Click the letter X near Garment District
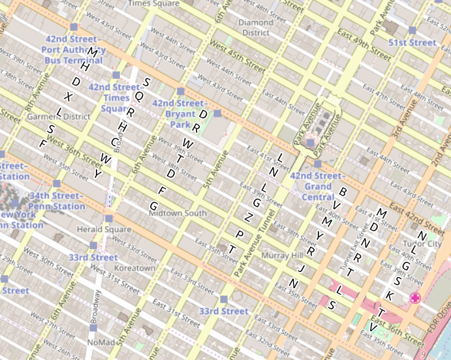(69, 97)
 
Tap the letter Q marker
(138, 95)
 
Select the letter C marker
(115, 142)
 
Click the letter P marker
(240, 234)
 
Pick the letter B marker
(341, 192)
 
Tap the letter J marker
(302, 268)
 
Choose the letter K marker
(390, 295)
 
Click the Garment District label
(59, 117)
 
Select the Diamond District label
(255, 27)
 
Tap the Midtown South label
(178, 213)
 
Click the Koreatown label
(134, 268)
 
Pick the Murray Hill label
(283, 256)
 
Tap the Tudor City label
(422, 243)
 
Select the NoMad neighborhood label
(101, 342)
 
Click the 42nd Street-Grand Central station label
(317, 181)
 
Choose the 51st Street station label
(412, 42)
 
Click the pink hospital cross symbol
(414, 298)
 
